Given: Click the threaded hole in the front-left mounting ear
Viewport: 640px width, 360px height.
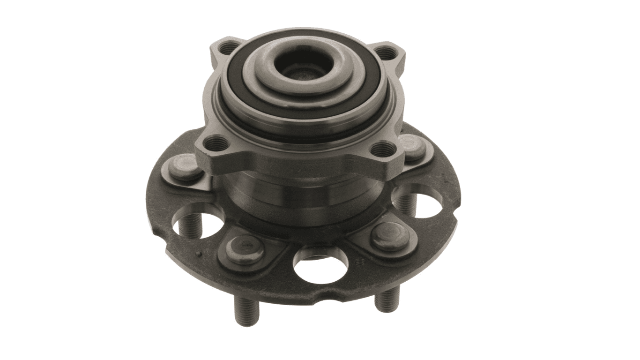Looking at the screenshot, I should point(216,142).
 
